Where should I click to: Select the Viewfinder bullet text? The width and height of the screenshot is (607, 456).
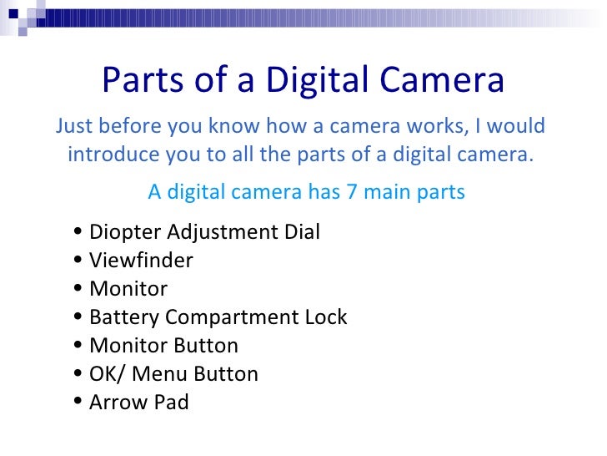point(141,261)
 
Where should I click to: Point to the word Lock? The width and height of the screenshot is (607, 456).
point(325,317)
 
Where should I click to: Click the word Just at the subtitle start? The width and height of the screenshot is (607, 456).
point(74,126)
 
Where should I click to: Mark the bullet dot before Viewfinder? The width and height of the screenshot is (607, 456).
point(78,261)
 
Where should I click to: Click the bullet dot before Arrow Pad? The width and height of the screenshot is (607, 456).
point(78,403)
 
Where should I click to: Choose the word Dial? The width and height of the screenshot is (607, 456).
point(301,232)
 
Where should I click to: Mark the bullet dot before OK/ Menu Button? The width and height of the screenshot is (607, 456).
point(78,375)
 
